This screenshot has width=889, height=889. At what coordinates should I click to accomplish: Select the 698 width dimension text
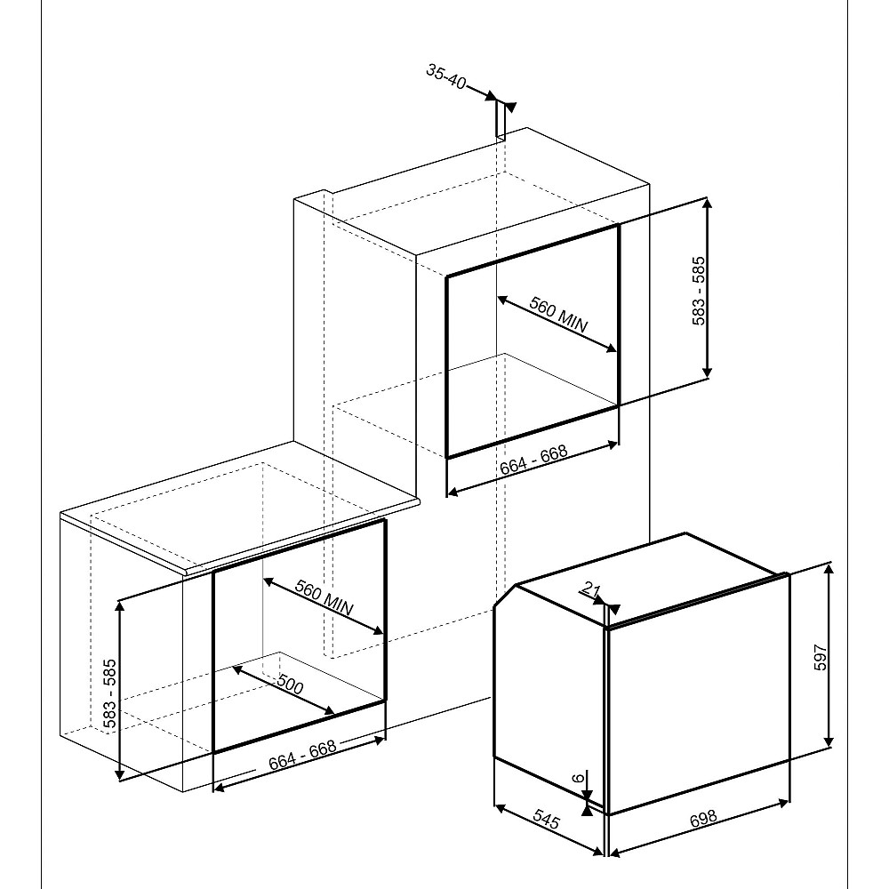(x=702, y=819)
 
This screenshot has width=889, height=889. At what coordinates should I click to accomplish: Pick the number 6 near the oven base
(x=580, y=779)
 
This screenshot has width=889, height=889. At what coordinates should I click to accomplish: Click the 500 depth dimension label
(x=290, y=686)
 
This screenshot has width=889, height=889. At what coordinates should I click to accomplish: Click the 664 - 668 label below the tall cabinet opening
(x=533, y=463)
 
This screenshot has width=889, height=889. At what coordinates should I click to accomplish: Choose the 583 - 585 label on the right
(x=699, y=291)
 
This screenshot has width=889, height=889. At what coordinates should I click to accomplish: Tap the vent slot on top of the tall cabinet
(x=501, y=120)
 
